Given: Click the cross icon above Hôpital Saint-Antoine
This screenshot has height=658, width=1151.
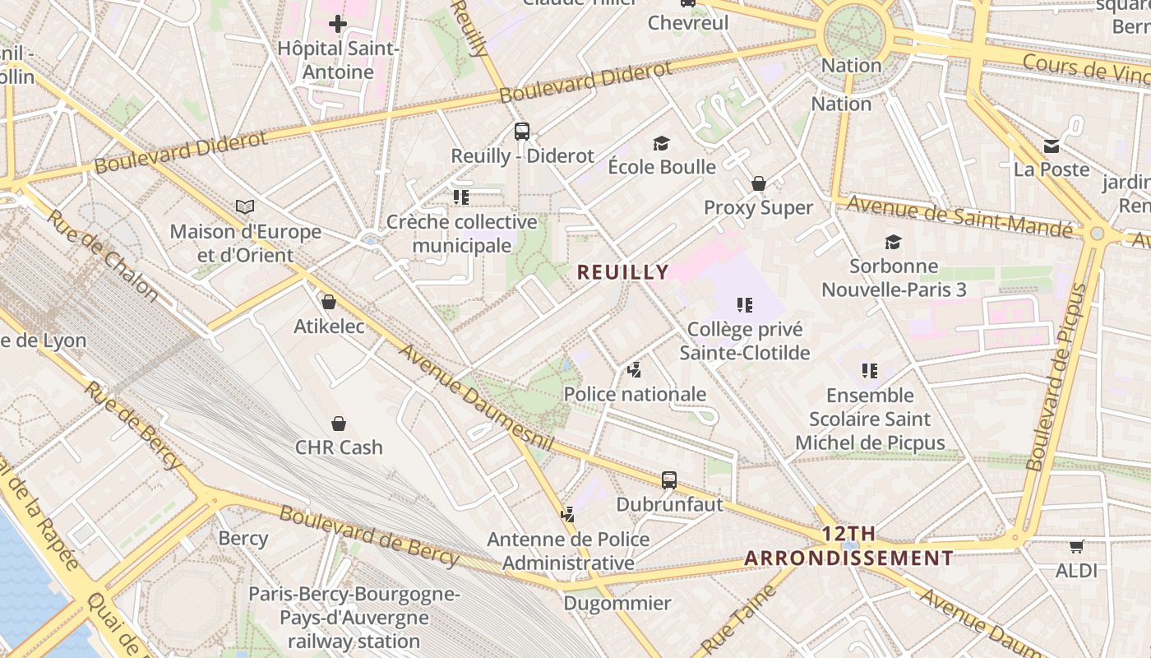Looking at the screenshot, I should (x=337, y=23).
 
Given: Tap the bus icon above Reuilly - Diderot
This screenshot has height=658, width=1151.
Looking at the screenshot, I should (x=522, y=131).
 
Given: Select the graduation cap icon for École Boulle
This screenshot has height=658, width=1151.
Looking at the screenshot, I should (x=662, y=144).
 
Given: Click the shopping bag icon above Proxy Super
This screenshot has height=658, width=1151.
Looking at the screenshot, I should (x=758, y=183).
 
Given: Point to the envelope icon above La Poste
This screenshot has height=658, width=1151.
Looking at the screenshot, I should (x=1052, y=146).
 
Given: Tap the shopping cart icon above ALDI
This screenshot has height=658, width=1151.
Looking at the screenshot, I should (x=1076, y=546).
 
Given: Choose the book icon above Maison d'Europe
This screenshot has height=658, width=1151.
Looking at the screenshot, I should (x=245, y=206).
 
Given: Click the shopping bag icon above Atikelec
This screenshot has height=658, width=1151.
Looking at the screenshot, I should (x=329, y=302).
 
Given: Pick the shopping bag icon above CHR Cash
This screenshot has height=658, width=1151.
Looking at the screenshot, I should (x=339, y=424).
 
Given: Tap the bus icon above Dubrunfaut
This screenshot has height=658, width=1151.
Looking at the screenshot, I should (x=669, y=480).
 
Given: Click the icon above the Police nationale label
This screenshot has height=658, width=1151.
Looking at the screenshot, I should (x=634, y=370).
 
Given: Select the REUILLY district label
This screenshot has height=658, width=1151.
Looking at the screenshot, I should (x=623, y=271).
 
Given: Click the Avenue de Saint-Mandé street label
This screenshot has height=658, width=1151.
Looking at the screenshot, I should (x=959, y=215).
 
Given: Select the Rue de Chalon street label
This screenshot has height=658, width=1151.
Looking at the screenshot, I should (x=102, y=253).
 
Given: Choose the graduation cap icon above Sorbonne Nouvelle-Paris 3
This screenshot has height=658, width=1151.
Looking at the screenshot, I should (x=893, y=242).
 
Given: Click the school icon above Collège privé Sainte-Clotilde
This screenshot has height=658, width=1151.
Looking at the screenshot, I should (x=745, y=306).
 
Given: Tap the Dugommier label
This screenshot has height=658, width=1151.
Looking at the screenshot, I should (x=617, y=604).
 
